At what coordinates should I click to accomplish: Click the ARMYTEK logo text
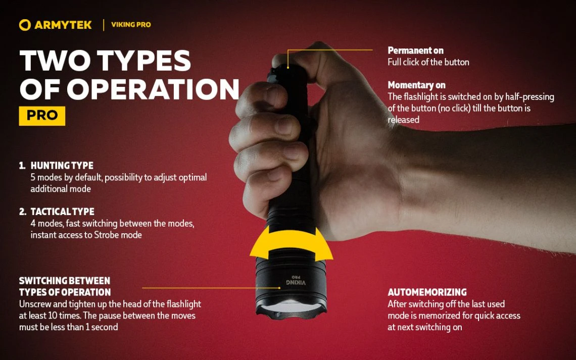[63, 25]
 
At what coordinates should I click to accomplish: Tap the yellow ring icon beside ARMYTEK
[25, 25]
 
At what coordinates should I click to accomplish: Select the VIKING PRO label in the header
[131, 25]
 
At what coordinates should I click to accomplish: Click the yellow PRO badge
[42, 115]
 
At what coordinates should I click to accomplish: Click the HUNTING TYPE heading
[62, 166]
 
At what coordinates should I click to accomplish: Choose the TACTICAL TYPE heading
[62, 212]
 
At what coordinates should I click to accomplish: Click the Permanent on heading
[415, 50]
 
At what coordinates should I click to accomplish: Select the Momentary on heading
[416, 85]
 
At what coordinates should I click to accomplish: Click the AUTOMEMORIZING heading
[427, 292]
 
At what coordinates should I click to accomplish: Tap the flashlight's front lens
[290, 306]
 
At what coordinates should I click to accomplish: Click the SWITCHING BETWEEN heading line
[64, 281]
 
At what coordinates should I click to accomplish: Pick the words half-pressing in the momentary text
[531, 96]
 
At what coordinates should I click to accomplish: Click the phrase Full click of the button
[428, 62]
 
